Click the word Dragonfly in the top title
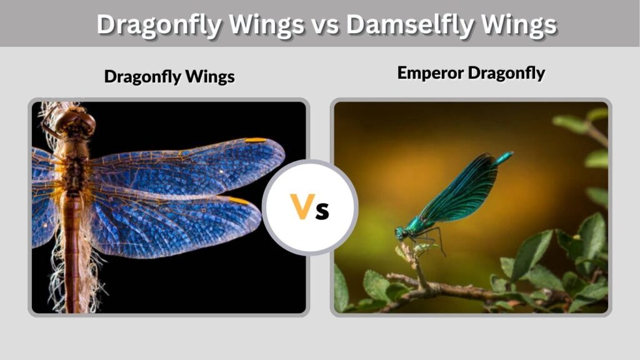[x=159, y=24]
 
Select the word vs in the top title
[x=325, y=25]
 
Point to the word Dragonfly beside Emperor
[x=506, y=74]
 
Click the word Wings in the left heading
[x=210, y=77]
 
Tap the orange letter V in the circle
[x=302, y=206]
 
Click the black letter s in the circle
[x=322, y=211]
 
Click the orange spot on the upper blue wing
[x=256, y=140]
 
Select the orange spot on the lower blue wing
[x=239, y=201]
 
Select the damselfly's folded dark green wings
[x=459, y=190]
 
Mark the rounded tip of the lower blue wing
[x=259, y=214]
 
